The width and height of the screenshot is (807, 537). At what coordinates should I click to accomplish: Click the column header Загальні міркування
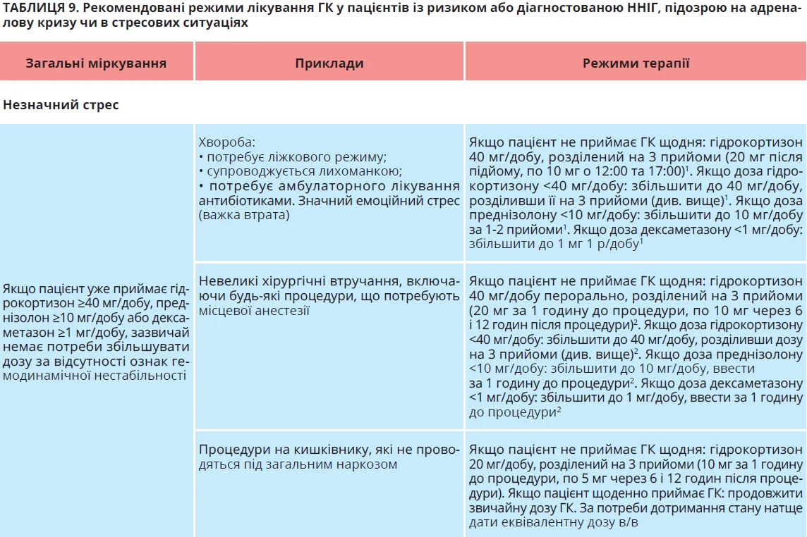96,63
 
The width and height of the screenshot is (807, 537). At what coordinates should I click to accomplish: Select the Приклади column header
329,63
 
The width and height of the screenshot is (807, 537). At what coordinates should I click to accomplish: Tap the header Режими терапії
636,63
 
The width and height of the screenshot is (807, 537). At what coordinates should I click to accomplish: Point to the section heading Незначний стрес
61,105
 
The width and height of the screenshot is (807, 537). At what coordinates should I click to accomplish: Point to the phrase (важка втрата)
244,216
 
